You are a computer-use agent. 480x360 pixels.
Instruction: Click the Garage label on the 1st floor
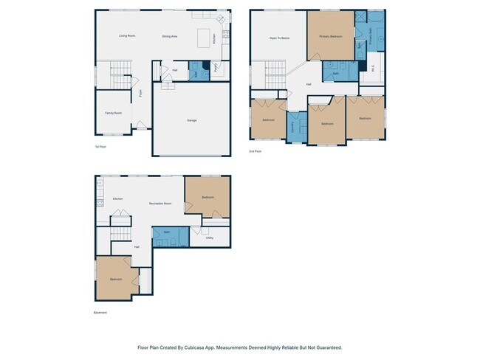[191, 120]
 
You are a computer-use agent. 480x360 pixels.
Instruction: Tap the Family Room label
[113, 113]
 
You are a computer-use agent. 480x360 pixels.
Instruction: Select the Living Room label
[127, 35]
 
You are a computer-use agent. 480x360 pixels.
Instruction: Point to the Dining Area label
[170, 36]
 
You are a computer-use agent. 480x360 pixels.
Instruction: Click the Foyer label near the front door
[141, 93]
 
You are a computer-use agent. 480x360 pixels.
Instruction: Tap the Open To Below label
[279, 38]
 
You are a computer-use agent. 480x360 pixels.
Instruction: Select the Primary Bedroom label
[330, 36]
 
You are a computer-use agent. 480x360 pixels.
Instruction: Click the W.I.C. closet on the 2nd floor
[373, 71]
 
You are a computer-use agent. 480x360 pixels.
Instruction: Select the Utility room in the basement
[210, 238]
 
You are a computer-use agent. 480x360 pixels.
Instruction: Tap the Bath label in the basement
[168, 232]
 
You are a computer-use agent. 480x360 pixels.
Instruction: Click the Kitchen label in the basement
[117, 199]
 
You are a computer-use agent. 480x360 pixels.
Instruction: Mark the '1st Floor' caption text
[100, 147]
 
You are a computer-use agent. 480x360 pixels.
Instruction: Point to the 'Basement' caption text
[100, 312]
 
